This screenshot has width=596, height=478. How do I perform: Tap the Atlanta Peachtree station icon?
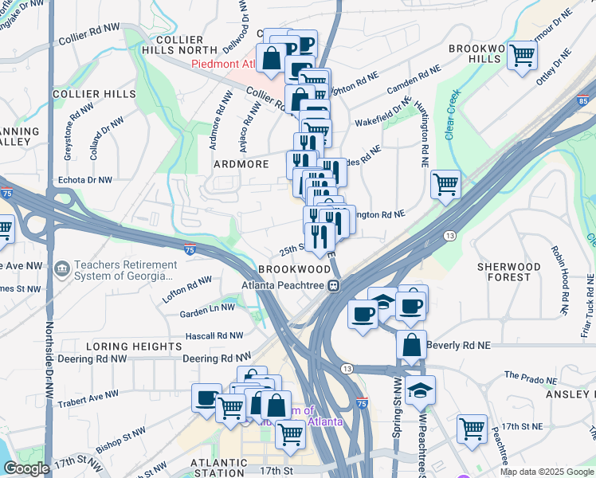tap(335, 284)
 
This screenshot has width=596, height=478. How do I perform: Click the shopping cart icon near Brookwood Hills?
tap(522, 55)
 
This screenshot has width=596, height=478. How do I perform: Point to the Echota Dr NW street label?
tap(85, 180)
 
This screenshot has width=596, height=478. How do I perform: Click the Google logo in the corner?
tap(26, 468)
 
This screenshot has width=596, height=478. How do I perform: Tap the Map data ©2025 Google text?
tap(546, 472)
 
